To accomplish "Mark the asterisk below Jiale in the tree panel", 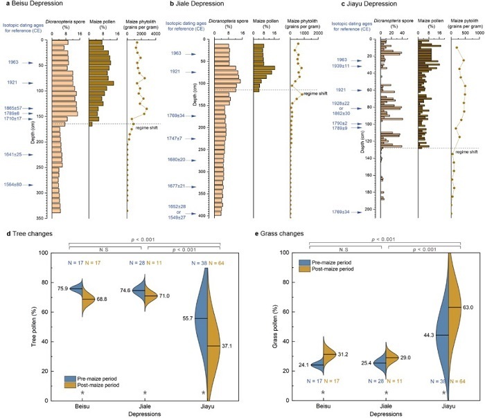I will point(144,393).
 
